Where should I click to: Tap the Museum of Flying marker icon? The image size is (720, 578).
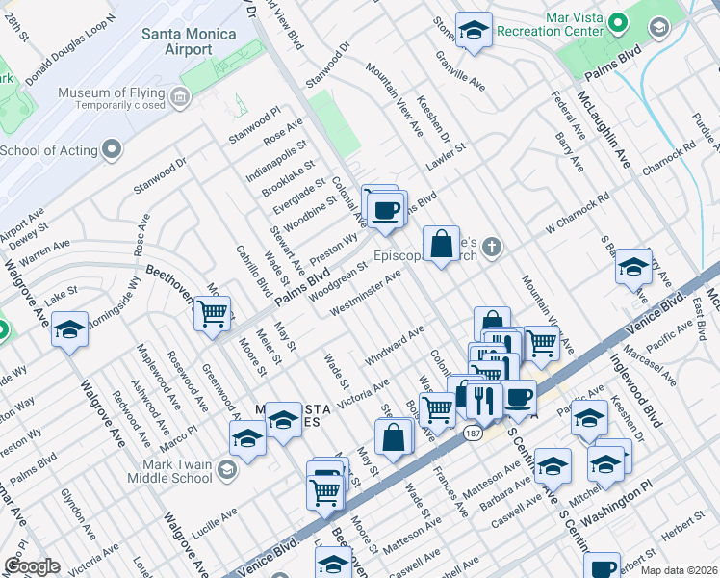[x=179, y=96]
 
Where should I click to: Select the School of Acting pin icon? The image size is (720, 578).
[x=114, y=149]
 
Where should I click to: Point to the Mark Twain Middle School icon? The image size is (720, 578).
[x=227, y=469]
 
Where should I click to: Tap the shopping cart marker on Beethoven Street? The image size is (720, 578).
[x=212, y=312]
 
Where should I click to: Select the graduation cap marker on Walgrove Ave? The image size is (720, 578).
[x=70, y=329]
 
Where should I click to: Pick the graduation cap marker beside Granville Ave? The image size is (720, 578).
[x=473, y=29]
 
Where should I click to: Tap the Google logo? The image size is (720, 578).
[x=32, y=565]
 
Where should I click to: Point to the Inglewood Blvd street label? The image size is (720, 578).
[x=635, y=391]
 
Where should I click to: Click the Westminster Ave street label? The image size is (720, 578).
[x=365, y=293]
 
